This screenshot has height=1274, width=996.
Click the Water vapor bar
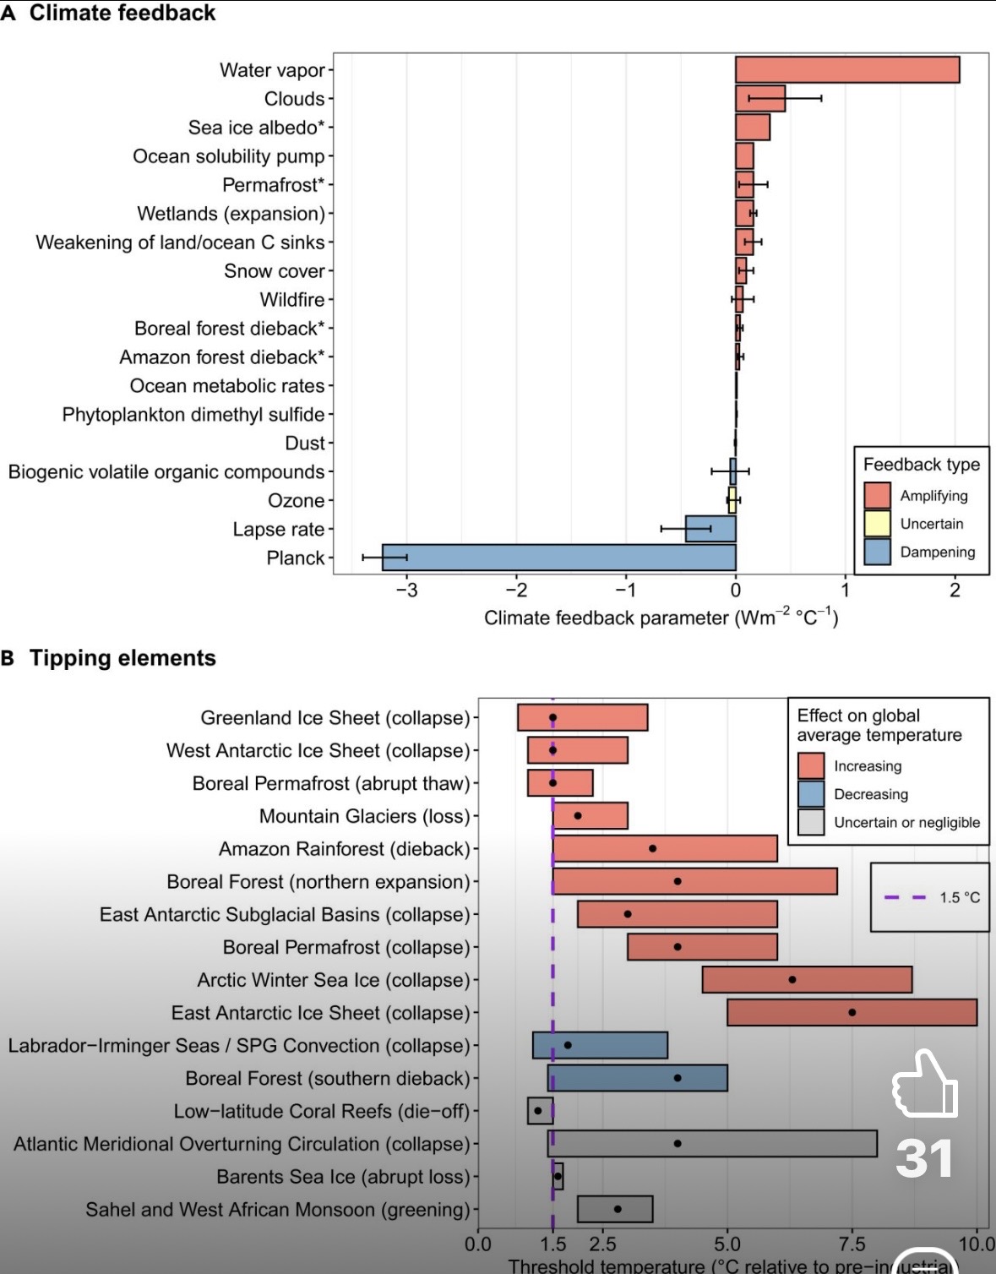846,70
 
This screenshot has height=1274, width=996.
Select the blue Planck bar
558,558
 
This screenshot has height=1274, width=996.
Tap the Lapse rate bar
710,529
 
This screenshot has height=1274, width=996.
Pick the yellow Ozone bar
732,500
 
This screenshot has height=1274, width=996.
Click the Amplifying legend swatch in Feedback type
878,496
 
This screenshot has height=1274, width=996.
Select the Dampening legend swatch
878,552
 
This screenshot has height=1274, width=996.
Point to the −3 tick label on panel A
406,591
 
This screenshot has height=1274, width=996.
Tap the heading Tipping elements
122,658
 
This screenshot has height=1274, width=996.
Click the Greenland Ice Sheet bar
583,717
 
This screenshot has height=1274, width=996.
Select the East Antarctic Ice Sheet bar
852,1012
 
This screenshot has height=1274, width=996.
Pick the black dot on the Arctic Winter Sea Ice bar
792,979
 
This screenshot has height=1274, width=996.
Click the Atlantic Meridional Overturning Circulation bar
712,1143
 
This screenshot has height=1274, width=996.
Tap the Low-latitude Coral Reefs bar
540,1111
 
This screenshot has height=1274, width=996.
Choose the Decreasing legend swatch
811,794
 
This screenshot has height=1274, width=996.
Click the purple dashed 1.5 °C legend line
905,897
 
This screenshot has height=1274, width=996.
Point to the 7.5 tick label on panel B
852,1244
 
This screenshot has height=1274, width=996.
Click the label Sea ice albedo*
256,128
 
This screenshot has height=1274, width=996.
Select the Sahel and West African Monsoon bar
615,1209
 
